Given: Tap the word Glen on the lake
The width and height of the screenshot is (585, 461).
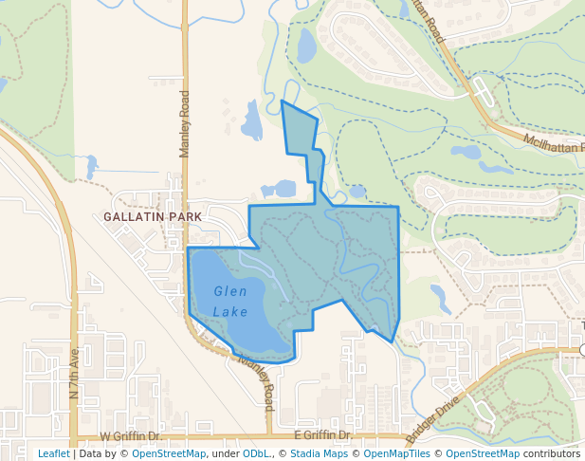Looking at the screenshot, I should pyautogui.click(x=230, y=291).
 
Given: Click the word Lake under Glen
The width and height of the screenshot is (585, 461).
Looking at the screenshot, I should pyautogui.click(x=230, y=311).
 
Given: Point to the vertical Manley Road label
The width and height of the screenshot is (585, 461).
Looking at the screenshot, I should pyautogui.click(x=185, y=123).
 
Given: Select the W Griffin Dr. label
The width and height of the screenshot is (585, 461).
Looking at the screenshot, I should pyautogui.click(x=132, y=436).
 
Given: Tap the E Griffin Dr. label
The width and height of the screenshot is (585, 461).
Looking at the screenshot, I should pyautogui.click(x=323, y=435).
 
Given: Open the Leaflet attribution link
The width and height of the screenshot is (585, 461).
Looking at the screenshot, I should pyautogui.click(x=53, y=453).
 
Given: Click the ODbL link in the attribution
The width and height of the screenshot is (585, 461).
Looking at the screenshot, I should pyautogui.click(x=255, y=453).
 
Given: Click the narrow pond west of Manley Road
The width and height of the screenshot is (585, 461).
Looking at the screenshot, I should pyautogui.click(x=91, y=167).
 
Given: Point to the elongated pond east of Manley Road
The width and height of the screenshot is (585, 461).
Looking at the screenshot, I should pyautogui.click(x=252, y=121).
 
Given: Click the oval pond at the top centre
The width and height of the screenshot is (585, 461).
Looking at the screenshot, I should pyautogui.click(x=306, y=45).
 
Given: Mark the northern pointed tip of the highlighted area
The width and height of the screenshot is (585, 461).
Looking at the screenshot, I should pyautogui.click(x=283, y=101).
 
